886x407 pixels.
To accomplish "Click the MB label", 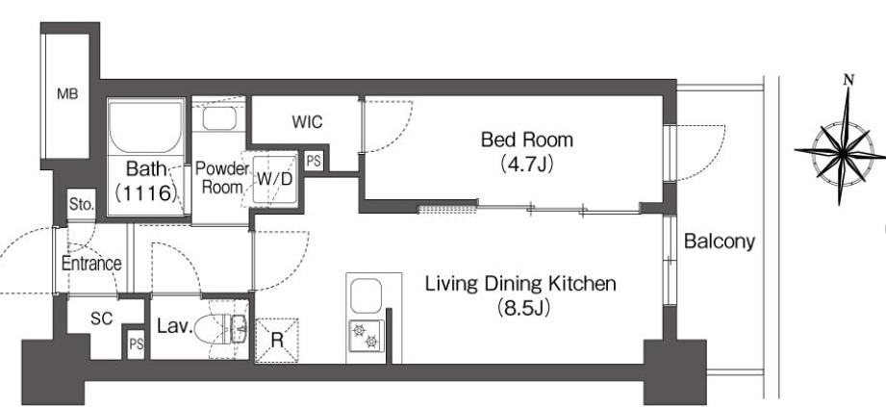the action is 67,94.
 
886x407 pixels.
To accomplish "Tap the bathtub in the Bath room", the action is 146,128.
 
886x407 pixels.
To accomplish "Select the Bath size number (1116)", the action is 147,193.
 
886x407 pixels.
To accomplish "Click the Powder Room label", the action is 221,177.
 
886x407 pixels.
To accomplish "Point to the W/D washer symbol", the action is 275,179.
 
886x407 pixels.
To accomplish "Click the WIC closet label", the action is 308,121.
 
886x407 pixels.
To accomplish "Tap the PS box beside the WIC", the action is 313,162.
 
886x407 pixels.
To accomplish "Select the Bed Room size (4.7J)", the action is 526,164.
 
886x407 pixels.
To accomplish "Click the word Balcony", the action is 720,242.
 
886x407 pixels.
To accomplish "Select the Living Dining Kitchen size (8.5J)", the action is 523,308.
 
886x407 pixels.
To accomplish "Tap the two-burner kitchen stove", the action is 367,336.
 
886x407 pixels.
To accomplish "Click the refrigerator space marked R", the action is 277,341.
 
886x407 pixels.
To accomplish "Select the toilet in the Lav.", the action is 221,328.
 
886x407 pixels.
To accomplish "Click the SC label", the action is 102,319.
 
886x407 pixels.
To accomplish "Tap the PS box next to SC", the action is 137,343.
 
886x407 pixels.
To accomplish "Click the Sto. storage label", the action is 82,204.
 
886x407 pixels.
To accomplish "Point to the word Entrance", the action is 91,264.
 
